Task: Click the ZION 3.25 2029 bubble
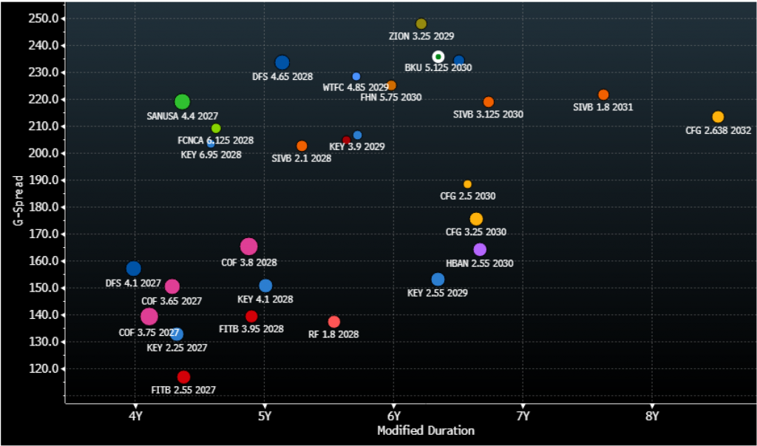421,24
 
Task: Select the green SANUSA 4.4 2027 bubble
182,102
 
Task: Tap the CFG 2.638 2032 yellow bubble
718,117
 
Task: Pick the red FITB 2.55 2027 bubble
183,377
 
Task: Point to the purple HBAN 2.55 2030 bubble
480,250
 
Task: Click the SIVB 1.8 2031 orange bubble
603,95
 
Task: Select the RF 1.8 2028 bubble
334,322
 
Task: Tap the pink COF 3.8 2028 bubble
249,247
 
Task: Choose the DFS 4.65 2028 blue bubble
282,63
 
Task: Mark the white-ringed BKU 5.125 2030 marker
438,57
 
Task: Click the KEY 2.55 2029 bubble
438,280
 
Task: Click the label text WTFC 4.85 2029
356,87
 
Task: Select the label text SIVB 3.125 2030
488,115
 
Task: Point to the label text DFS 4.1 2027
133,283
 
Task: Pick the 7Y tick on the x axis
523,416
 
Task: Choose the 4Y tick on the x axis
135,416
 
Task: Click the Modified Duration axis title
426,430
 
